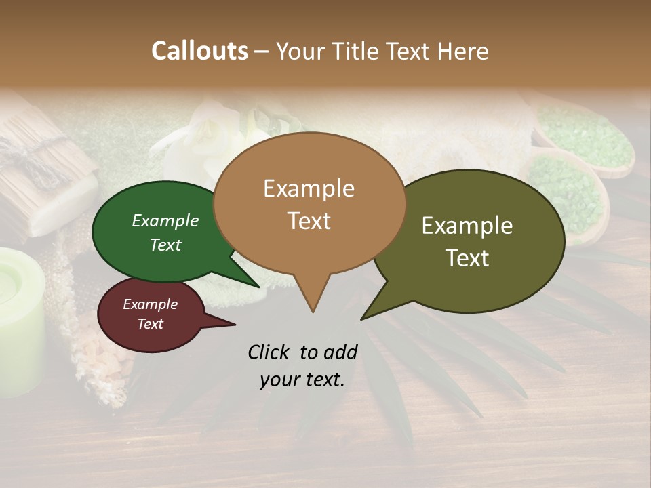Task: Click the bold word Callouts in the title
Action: pyautogui.click(x=199, y=51)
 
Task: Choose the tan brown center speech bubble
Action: pyautogui.click(x=309, y=203)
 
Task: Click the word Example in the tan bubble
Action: pyautogui.click(x=309, y=188)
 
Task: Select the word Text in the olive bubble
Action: pyautogui.click(x=468, y=258)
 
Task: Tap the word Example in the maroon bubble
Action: pyautogui.click(x=151, y=304)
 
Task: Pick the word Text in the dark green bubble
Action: pyautogui.click(x=165, y=245)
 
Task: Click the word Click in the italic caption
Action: pyautogui.click(x=270, y=352)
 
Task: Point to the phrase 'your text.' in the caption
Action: pyautogui.click(x=302, y=380)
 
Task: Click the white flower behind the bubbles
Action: pyautogui.click(x=197, y=136)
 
